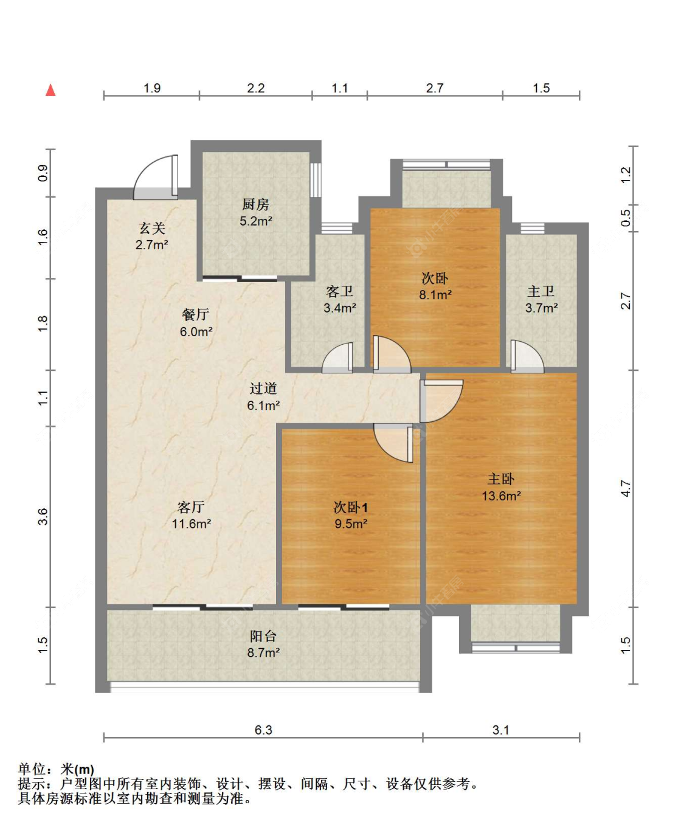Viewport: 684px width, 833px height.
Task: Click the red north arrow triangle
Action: (50, 91)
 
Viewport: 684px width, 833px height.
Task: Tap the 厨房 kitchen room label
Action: (255, 204)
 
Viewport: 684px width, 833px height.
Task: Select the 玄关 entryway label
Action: (151, 228)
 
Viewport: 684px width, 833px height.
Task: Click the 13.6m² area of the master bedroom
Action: (501, 496)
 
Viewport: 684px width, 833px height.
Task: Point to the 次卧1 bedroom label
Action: (351, 507)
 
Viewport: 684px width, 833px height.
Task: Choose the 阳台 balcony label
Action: (263, 636)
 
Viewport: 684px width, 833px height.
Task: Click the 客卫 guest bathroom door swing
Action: (337, 358)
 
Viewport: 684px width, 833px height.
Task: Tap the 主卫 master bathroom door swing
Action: (527, 357)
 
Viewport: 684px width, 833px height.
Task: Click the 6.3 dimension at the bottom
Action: (263, 730)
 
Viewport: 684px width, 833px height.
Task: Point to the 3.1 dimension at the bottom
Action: (501, 730)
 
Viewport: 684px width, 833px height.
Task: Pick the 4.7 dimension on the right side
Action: (626, 488)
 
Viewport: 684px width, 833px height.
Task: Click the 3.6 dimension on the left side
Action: (43, 516)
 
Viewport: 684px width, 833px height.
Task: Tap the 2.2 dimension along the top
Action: (255, 88)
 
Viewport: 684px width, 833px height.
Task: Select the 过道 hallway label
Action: (263, 389)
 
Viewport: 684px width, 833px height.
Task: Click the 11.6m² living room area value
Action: (191, 524)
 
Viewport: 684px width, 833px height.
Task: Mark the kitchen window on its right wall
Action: (315, 180)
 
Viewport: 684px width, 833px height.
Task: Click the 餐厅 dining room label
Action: (196, 314)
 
